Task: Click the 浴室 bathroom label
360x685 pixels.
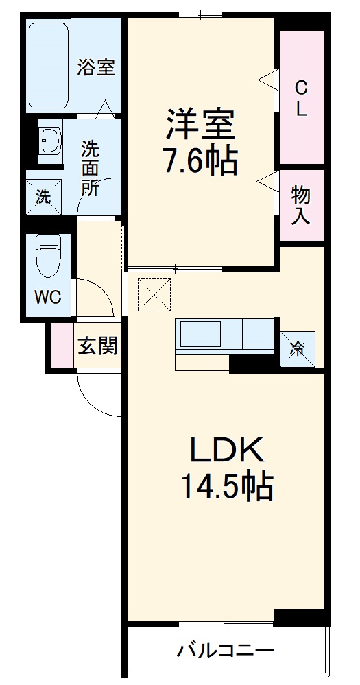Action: (x=95, y=67)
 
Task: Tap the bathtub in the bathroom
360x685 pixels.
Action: (x=49, y=67)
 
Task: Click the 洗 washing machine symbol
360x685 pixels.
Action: (x=43, y=197)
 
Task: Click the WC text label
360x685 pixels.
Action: (x=47, y=298)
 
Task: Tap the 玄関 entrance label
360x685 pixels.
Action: (x=97, y=346)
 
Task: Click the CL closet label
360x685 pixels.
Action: (x=300, y=97)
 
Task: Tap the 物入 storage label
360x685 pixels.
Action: (x=301, y=204)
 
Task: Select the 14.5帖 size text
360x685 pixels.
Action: (x=226, y=486)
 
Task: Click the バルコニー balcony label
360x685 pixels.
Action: (x=226, y=649)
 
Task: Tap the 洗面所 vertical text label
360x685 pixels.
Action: (x=89, y=168)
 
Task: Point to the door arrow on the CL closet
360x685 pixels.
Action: (x=266, y=81)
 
